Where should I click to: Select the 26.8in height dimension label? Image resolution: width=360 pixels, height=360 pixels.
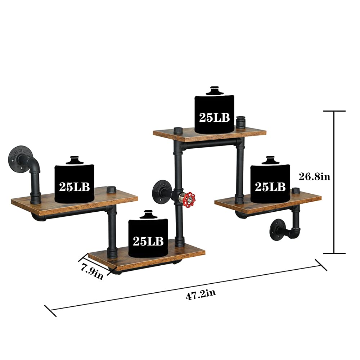point(315,177)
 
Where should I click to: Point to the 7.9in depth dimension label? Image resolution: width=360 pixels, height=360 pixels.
point(92,270)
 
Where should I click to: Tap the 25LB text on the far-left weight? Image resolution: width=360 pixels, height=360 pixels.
point(74,186)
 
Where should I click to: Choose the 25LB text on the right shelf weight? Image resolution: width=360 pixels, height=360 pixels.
point(270,186)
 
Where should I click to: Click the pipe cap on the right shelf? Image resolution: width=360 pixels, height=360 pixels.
point(296,190)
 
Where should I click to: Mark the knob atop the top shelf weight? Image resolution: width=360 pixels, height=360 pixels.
point(215,90)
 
